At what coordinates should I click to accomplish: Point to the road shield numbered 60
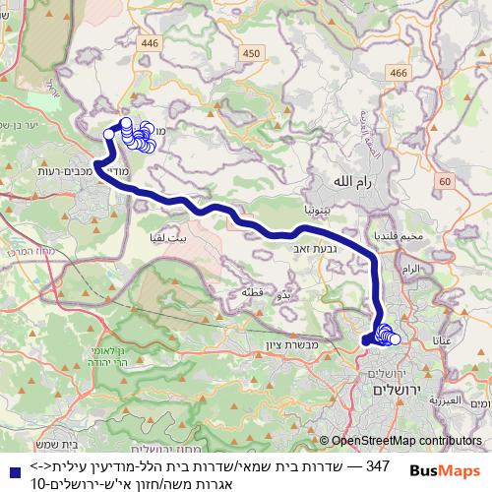(x=444, y=181)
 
